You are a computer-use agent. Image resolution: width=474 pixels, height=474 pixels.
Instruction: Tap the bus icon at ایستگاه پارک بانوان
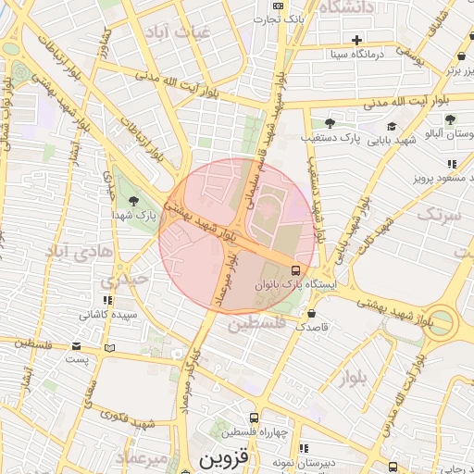click(294, 270)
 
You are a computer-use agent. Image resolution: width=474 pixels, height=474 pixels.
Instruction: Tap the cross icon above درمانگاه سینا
click(356, 39)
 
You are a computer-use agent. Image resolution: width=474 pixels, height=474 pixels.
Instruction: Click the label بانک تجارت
click(281, 19)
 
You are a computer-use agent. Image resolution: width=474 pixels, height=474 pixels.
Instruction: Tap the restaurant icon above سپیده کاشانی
click(109, 300)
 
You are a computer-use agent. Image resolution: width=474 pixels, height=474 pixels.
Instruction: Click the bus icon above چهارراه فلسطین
click(255, 418)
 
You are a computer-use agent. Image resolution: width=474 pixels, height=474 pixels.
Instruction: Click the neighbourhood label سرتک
click(438, 215)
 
